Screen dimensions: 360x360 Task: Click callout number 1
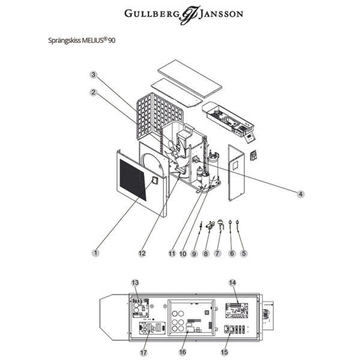(95, 253)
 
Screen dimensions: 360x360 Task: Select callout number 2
(94, 92)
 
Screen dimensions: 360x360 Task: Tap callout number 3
(94, 74)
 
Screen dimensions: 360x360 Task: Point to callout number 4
(301, 193)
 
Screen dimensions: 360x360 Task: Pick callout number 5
(244, 253)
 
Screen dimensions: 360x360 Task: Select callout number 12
(142, 253)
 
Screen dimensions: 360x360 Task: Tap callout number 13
(134, 282)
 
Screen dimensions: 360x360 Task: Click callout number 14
(232, 281)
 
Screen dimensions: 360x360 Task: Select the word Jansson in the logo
(218, 13)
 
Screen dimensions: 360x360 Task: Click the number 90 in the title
(112, 41)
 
